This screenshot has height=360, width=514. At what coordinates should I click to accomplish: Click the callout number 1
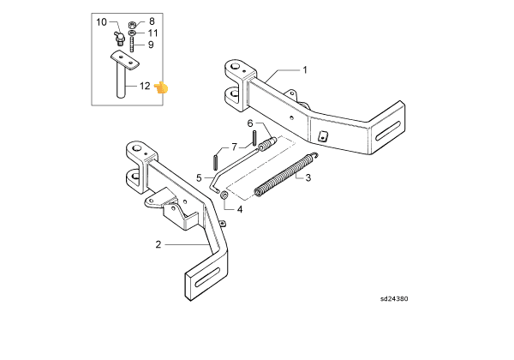point(305,69)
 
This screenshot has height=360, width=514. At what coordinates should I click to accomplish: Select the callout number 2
point(158,244)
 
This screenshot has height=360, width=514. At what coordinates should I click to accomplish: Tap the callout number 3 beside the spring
point(308,177)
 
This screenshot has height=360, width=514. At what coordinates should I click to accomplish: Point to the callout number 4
point(240,209)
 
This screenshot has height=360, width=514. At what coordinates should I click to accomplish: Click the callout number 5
point(199,178)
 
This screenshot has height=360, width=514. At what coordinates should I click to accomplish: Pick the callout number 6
point(250,123)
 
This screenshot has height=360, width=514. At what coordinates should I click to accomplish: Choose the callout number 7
point(234,147)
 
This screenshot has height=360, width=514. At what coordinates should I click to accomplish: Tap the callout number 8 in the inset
point(152,21)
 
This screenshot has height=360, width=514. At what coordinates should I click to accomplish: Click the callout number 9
point(151,45)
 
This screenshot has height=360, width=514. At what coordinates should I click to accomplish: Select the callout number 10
point(101,22)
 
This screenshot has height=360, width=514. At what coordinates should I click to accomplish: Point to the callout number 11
point(152,33)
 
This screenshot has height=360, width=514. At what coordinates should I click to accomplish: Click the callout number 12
point(145,86)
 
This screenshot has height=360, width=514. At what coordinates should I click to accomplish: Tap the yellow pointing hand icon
point(161,88)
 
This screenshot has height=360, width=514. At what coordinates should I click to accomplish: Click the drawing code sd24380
point(394,298)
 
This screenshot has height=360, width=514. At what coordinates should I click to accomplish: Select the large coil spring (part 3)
point(286,175)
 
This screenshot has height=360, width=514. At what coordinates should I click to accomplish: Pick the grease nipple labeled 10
point(119,39)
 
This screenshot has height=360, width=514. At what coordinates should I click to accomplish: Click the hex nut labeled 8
point(132,25)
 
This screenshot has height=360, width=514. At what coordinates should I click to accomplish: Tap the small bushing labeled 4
point(224,195)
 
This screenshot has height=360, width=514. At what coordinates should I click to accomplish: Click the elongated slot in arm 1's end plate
point(388,130)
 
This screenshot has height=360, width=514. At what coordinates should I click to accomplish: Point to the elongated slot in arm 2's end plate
point(207,278)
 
